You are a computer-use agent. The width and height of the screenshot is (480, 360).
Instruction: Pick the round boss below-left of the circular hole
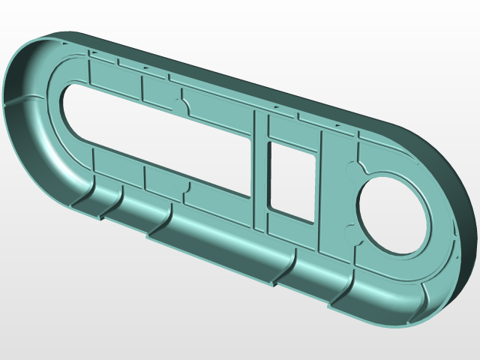point(347,230)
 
